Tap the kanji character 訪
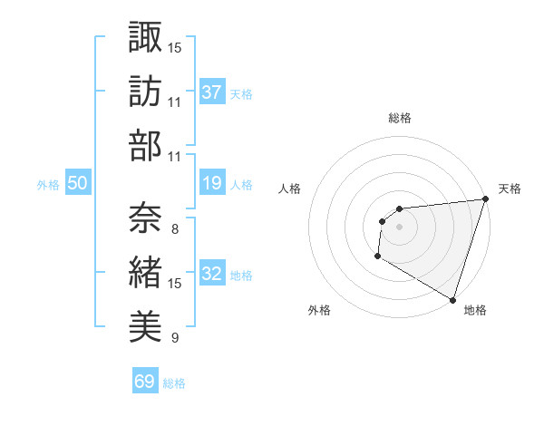pos(145,91)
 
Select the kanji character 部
pos(145,145)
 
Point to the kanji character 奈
pos(145,218)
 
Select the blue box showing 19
pos(212,183)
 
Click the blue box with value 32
pos(212,274)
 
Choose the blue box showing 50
pos(77,183)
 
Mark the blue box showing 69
pos(145,382)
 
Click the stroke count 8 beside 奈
pos(174,229)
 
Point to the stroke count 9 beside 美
pos(174,338)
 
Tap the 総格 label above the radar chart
pos(399,118)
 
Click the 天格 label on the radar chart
pos(510,189)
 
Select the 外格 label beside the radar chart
pos(319,310)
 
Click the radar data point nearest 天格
pos(485,198)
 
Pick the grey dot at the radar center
pos(399,227)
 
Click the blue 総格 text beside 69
pos(174,383)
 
